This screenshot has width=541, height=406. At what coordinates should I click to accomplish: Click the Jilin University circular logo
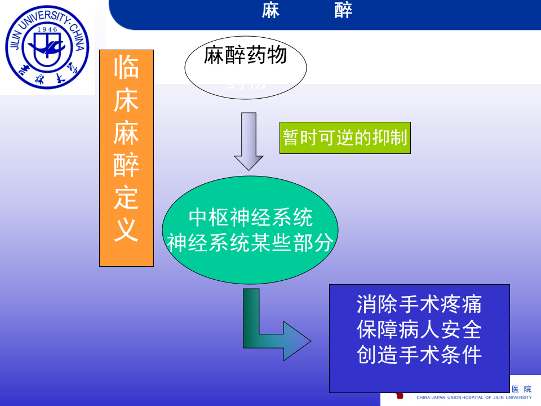tap(47, 48)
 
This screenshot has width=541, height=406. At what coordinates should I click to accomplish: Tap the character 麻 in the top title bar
tap(270, 11)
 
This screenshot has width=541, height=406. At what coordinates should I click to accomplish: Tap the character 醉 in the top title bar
tap(343, 11)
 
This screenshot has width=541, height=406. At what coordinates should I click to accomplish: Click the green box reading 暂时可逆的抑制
tap(345, 138)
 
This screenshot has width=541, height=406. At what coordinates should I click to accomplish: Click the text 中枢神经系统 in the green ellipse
tap(250, 218)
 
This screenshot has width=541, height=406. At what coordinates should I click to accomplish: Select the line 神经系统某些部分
tap(250, 242)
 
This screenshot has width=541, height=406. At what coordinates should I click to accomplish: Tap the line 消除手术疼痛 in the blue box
tap(419, 304)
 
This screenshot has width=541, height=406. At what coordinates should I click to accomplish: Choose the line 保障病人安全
tap(419, 329)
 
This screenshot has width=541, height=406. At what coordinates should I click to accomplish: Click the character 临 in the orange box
tap(126, 69)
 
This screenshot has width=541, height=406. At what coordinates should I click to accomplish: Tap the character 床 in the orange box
tap(126, 101)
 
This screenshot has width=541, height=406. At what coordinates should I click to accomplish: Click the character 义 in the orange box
tap(126, 230)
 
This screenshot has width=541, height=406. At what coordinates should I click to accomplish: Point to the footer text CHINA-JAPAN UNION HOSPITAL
tap(451, 398)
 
